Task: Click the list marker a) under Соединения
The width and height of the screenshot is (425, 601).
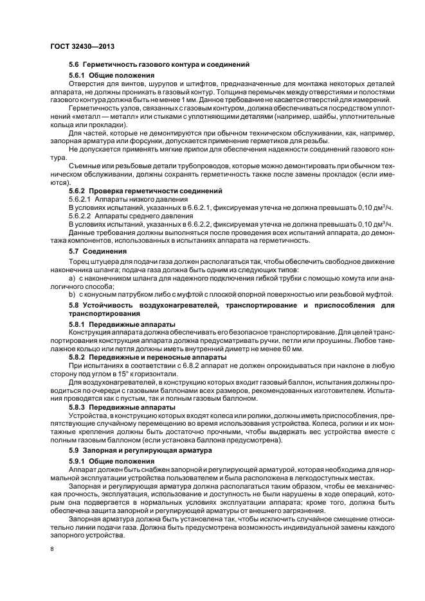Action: point(72,281)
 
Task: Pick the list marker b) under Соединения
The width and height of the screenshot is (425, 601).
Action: point(72,295)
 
